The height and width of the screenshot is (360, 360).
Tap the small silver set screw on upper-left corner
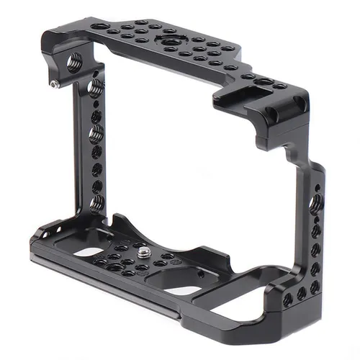55,84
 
